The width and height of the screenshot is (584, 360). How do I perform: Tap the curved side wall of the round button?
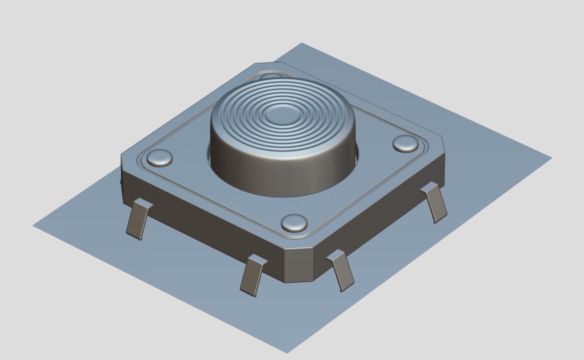click(x=281, y=174)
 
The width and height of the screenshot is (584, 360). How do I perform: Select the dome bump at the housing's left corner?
click(x=160, y=158)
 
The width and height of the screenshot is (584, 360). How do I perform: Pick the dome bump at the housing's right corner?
click(x=405, y=143)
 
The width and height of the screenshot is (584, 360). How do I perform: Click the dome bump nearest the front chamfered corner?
click(x=294, y=223)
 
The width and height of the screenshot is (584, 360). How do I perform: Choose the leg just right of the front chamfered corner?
click(x=342, y=271)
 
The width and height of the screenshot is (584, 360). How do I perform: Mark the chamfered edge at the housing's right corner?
click(x=443, y=155)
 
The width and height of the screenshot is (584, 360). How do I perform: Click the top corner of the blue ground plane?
click(x=302, y=44)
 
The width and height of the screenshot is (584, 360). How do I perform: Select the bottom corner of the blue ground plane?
click(x=287, y=352)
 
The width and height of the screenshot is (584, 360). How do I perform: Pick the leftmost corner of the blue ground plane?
click(x=34, y=225)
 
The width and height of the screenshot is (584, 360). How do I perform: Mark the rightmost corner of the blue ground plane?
click(x=551, y=158)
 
